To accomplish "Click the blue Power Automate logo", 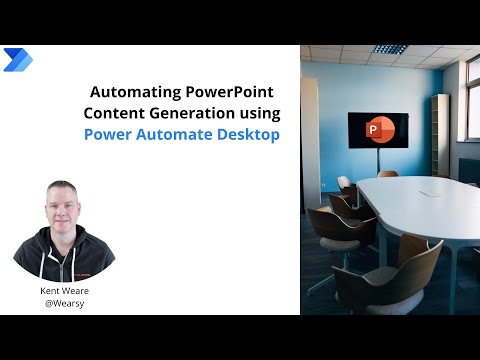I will (18, 59).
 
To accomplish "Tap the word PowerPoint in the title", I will (232, 93).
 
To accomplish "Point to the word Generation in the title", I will (194, 114).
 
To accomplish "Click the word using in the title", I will (259, 114).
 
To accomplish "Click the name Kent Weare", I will (64, 287).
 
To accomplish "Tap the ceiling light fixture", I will (390, 49).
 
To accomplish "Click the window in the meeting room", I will (472, 110).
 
